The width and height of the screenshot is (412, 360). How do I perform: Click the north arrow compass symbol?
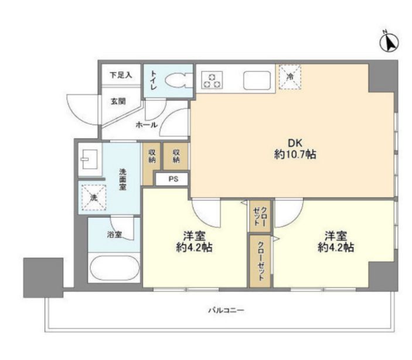click(389, 42)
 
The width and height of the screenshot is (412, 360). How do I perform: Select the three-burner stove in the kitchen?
click(212, 80)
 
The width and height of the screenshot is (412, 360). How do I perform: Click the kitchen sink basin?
click(257, 80)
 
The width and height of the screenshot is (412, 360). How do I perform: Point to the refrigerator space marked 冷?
click(290, 77)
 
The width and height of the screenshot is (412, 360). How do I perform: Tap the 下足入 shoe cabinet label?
click(121, 76)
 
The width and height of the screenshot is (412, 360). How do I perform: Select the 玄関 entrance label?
click(118, 101)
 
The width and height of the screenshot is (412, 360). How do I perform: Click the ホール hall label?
click(147, 125)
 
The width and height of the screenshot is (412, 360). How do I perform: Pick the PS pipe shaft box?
click(172, 179)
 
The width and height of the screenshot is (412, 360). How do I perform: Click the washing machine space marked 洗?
click(94, 198)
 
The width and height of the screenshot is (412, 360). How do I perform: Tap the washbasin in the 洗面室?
click(90, 159)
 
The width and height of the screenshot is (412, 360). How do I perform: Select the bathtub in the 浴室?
click(114, 268)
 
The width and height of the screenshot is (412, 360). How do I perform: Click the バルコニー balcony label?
click(226, 311)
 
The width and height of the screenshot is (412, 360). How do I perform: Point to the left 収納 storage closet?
click(152, 164)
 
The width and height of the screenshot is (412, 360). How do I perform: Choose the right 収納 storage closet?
click(176, 156)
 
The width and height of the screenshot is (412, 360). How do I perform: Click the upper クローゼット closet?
click(260, 216)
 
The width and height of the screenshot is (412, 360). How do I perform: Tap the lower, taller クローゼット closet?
click(260, 261)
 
